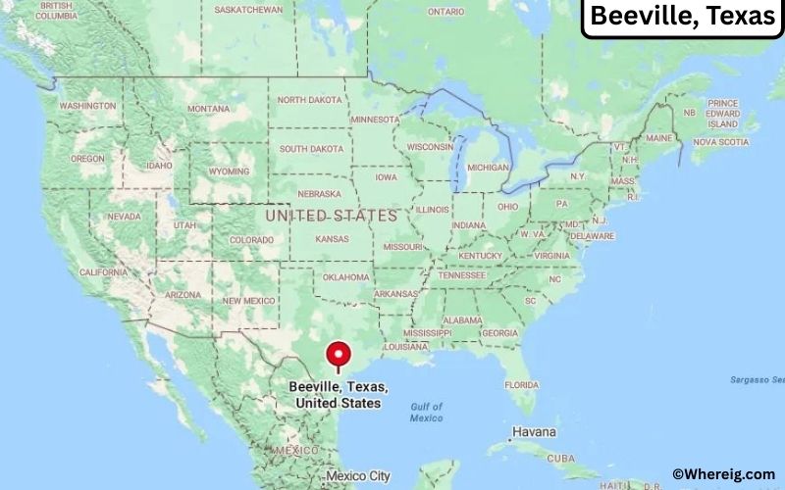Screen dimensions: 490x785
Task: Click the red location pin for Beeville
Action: (339, 354)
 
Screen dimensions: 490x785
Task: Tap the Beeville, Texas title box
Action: (681, 17)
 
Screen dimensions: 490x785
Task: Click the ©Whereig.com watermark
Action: (724, 474)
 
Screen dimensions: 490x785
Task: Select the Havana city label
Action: (533, 432)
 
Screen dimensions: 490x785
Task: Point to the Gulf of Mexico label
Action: (426, 412)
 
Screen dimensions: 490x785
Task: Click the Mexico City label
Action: (357, 476)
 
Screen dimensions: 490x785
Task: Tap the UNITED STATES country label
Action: (332, 215)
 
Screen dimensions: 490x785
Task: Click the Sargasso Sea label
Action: (757, 379)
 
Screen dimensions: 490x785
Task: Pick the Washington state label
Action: (88, 106)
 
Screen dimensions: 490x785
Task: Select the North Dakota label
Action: (310, 100)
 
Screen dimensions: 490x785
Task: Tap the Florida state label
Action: (521, 385)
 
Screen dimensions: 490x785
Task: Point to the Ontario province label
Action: (445, 11)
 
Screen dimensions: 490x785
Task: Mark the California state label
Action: (102, 271)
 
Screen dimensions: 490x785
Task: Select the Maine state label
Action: (658, 138)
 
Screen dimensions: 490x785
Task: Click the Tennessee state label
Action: (462, 274)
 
